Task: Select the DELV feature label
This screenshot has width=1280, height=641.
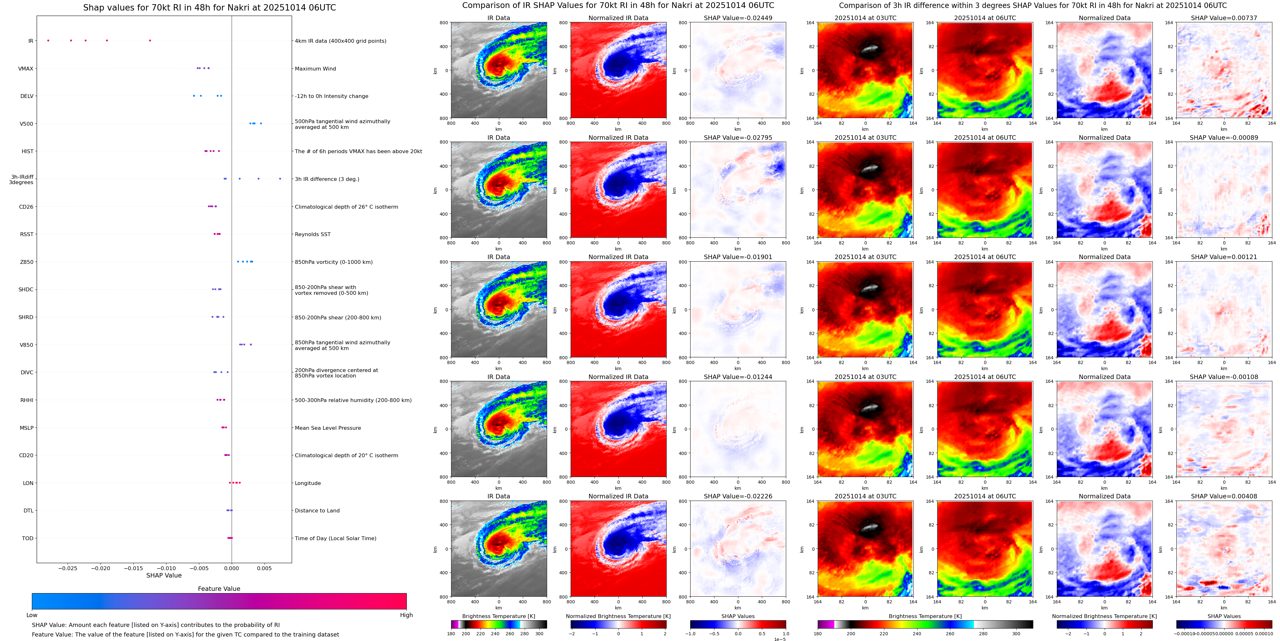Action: click(27, 96)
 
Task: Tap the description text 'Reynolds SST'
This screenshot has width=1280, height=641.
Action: click(312, 234)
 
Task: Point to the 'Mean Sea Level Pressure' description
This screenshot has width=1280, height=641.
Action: click(327, 428)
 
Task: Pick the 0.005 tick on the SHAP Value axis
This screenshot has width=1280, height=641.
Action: click(264, 568)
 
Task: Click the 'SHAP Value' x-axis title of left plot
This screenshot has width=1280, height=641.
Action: click(164, 575)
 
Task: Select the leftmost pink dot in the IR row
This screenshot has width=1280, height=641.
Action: click(48, 40)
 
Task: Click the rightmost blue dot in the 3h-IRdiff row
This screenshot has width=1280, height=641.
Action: click(280, 179)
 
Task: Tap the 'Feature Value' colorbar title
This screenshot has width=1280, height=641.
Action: click(219, 589)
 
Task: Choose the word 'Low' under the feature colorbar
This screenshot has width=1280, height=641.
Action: click(32, 615)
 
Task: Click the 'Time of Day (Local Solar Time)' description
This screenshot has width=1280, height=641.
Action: click(335, 538)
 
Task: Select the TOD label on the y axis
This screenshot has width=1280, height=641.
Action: click(27, 538)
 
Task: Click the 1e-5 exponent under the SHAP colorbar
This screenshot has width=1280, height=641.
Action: click(779, 639)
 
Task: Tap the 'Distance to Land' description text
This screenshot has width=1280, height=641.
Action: click(317, 511)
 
